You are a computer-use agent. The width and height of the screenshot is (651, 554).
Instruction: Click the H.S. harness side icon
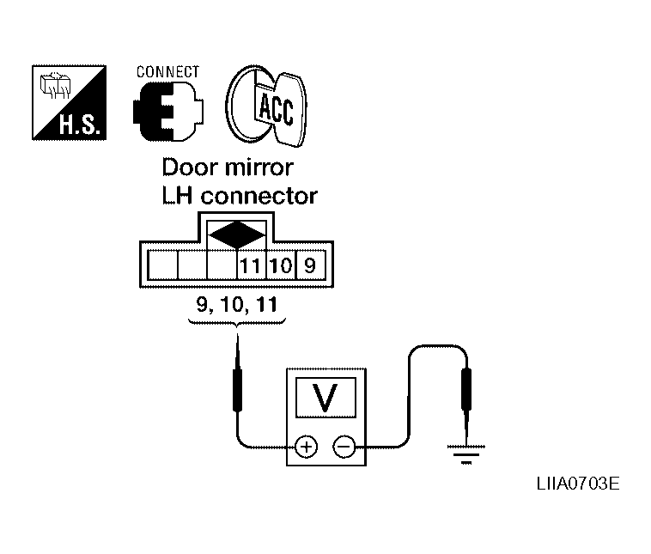pyautogui.click(x=70, y=102)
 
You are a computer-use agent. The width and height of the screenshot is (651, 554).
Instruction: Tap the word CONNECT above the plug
pyautogui.click(x=167, y=72)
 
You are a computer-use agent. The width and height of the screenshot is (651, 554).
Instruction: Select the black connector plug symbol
pyautogui.click(x=168, y=111)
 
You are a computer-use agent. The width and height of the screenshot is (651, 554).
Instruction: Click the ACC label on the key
pyautogui.click(x=276, y=109)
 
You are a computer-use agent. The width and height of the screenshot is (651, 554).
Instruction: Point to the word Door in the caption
pyautogui.click(x=189, y=167)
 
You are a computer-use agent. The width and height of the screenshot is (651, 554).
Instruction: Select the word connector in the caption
pyautogui.click(x=259, y=196)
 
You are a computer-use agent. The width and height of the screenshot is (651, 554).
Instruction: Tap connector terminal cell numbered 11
pyautogui.click(x=251, y=265)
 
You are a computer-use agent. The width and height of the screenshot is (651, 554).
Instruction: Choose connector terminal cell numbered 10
pyautogui.click(x=281, y=265)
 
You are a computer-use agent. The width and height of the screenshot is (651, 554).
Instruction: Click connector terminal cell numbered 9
pyautogui.click(x=310, y=265)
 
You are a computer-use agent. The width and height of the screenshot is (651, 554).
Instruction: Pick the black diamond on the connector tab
pyautogui.click(x=237, y=235)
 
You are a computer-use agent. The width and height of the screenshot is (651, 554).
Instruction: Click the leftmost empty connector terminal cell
pyautogui.click(x=163, y=265)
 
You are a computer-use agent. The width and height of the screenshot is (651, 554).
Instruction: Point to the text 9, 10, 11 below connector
pyautogui.click(x=237, y=304)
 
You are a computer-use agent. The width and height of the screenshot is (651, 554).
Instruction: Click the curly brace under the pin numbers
pyautogui.click(x=237, y=322)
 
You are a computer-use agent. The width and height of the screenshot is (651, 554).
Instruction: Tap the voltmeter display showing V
pyautogui.click(x=325, y=397)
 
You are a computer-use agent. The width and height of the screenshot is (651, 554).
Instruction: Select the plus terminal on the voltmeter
pyautogui.click(x=306, y=447)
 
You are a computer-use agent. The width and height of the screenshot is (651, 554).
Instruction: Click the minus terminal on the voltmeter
pyautogui.click(x=344, y=447)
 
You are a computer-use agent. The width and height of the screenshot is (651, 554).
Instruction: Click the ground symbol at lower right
pyautogui.click(x=466, y=454)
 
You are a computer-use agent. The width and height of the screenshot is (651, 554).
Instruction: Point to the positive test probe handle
pyautogui.click(x=238, y=390)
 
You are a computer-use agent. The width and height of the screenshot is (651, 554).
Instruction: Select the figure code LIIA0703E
pyautogui.click(x=578, y=484)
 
